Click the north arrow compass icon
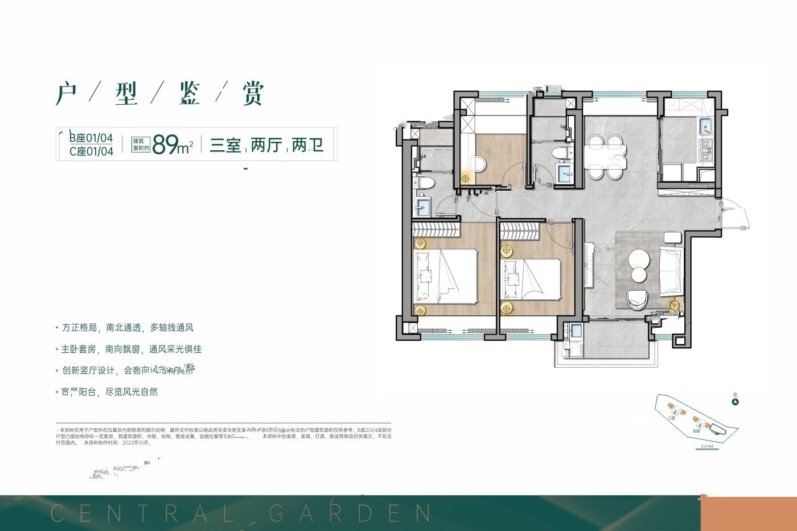[736, 402]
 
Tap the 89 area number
[166, 145]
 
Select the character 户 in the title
[67, 93]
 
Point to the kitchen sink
[705, 126]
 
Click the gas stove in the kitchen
[706, 149]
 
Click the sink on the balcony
[576, 330]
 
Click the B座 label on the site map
[696, 431]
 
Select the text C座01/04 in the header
[91, 151]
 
